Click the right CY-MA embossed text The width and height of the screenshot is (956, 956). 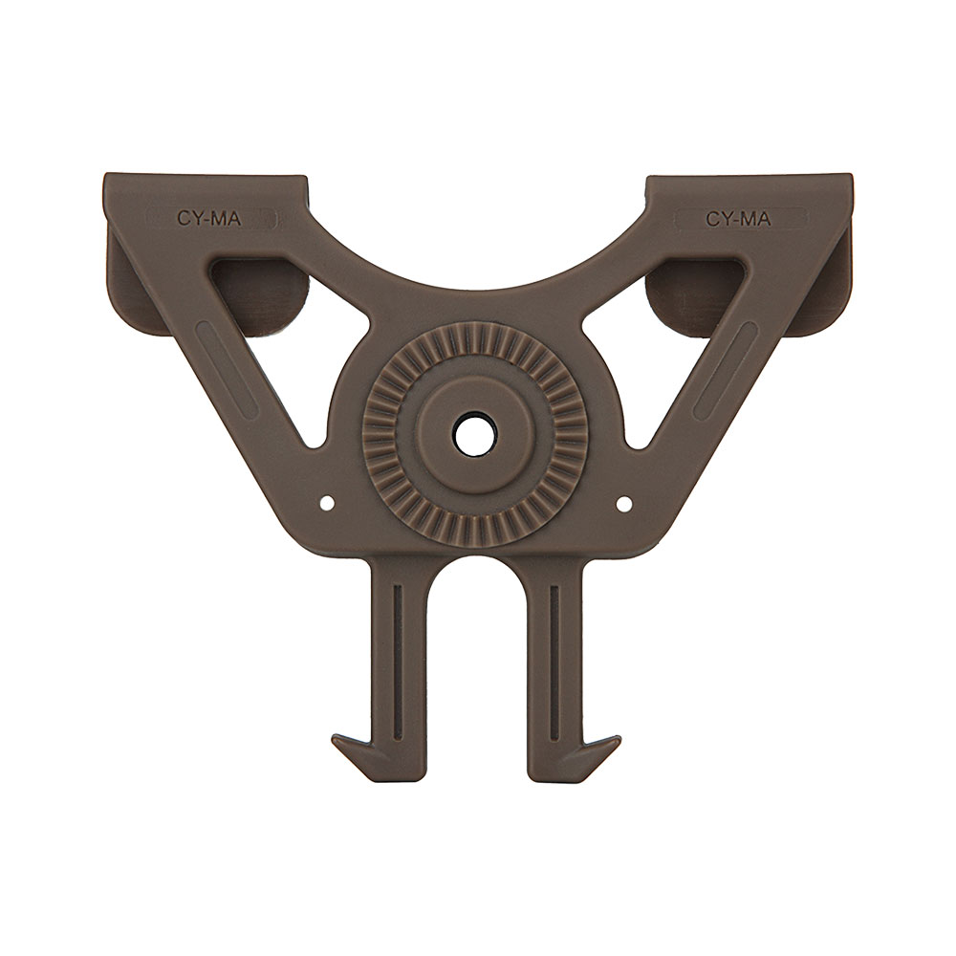(x=738, y=218)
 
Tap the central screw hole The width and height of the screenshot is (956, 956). (x=476, y=435)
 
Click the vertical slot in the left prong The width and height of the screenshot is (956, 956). (x=398, y=663)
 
